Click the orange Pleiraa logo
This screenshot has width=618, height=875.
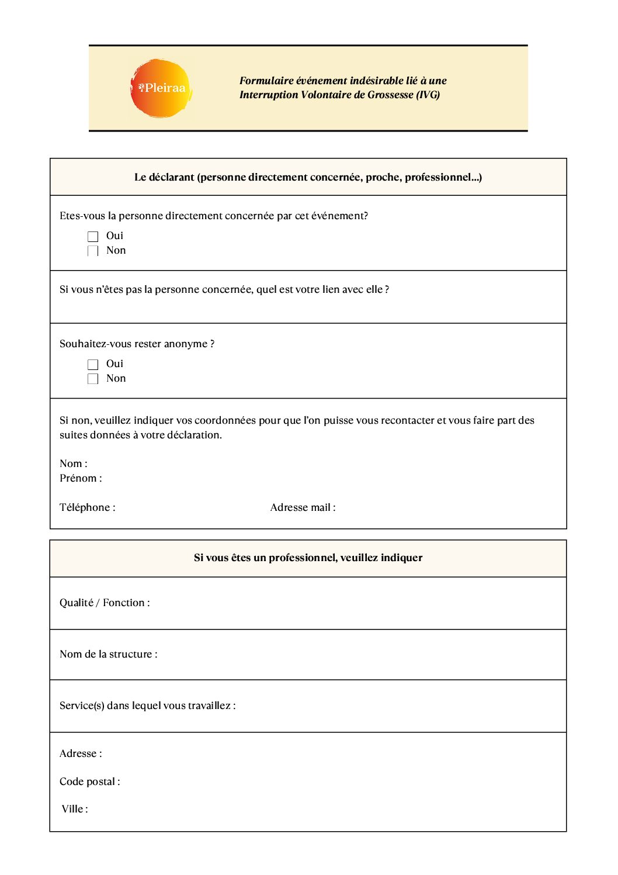161,88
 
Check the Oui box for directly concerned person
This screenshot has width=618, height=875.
93,237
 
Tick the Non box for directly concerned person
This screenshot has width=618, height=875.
93,251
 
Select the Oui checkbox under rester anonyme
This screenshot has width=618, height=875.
93,365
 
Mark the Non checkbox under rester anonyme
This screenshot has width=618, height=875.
93,379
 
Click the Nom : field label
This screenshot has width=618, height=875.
74,464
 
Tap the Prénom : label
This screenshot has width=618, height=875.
81,479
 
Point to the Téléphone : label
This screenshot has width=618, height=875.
88,508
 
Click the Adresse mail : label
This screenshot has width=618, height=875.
303,508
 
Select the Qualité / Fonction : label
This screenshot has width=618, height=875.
105,603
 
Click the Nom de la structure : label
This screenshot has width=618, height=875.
108,655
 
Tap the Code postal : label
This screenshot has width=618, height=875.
90,782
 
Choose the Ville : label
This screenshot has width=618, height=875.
75,810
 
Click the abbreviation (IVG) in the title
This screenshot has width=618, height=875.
428,95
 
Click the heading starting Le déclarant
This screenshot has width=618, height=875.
308,178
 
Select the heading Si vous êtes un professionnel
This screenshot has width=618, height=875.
308,558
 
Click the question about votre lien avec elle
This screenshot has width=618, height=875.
224,290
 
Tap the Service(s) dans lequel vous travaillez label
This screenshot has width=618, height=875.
147,706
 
